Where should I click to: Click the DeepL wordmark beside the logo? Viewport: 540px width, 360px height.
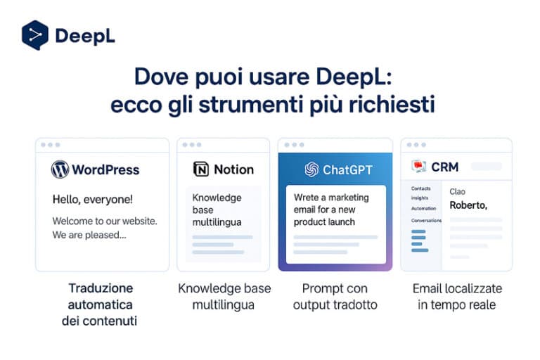coord(84,36)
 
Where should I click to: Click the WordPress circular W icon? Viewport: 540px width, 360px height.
coord(60,169)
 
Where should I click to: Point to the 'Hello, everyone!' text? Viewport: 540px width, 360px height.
coord(92,200)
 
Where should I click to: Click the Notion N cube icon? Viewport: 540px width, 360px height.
coord(201,169)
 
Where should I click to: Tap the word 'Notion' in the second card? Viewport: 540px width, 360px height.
coord(233,169)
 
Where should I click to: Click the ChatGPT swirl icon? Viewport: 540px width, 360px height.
coord(311,169)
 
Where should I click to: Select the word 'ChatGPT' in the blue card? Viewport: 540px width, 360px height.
coord(347,169)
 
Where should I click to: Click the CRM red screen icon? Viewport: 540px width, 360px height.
coord(419,167)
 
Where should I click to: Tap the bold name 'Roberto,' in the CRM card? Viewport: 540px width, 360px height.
coord(468,205)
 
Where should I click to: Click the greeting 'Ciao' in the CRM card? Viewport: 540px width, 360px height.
coord(458,191)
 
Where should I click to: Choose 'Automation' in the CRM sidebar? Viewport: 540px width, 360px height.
coord(423,209)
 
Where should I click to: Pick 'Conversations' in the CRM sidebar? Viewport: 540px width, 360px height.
coord(426,221)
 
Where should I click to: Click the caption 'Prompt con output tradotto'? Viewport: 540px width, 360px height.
coord(335,297)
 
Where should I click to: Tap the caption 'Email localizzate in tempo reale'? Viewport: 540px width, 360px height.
coord(456,297)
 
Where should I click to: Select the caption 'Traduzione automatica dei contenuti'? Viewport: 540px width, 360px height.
coord(101,304)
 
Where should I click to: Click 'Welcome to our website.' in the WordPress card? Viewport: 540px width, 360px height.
coord(105,221)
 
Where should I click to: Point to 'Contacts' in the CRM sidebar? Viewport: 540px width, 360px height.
coord(420,188)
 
